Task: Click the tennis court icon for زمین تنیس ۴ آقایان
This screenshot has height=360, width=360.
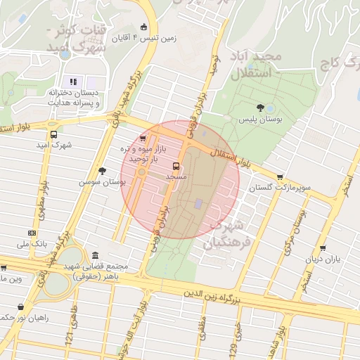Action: click(x=144, y=27)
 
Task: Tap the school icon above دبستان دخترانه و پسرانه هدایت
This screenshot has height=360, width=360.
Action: click(x=73, y=82)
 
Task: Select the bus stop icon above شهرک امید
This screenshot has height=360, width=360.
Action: click(x=53, y=134)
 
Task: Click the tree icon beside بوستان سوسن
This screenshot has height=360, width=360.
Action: click(x=103, y=171)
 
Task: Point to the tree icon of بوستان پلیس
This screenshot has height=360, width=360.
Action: click(x=261, y=108)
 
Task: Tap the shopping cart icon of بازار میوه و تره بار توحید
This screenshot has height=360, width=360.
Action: click(x=143, y=139)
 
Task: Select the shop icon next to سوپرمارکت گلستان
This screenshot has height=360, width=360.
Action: click(x=281, y=177)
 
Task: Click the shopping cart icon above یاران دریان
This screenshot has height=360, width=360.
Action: click(x=322, y=248)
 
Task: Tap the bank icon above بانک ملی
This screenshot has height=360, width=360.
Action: click(x=32, y=233)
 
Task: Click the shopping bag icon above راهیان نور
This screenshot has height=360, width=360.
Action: click(x=20, y=307)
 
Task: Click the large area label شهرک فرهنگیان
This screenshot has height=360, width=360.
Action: click(x=224, y=234)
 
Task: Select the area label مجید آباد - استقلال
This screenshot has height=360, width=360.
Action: click(x=255, y=63)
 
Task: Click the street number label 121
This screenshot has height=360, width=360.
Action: click(x=69, y=338)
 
